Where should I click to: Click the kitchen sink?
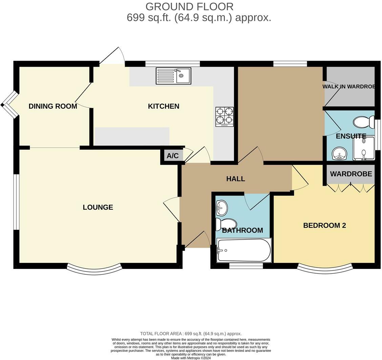tap(173, 76)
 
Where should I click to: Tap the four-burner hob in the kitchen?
tap(225, 117)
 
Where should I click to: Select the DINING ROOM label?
tap(53, 106)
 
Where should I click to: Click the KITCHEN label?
tap(164, 106)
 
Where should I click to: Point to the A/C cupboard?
tap(172, 156)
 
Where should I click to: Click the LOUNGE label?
tap(98, 207)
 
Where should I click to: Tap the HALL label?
tap(236, 179)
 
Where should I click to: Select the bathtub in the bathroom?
tap(244, 250)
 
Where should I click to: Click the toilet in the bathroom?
tap(226, 224)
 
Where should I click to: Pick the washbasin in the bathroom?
tap(222, 207)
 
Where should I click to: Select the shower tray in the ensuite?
tap(364, 148)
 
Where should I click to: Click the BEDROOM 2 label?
tap(324, 226)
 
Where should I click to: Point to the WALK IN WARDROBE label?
tap(349, 87)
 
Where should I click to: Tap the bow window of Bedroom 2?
tap(325, 269)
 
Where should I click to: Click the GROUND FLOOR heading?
tap(189, 6)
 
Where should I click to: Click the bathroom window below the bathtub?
tap(246, 266)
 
